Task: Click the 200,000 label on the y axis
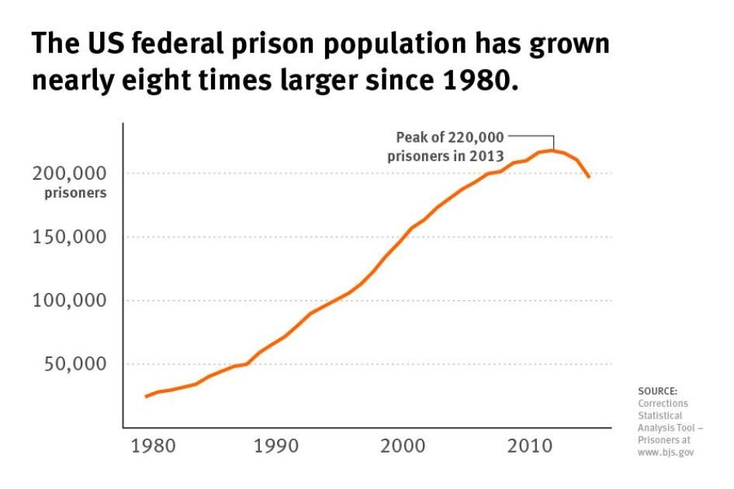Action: [x=69, y=173]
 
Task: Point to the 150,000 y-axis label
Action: [x=69, y=237]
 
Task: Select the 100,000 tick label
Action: [x=69, y=301]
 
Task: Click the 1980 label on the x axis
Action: [x=149, y=447]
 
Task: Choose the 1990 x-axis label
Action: [x=276, y=447]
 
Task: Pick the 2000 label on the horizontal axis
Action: [x=403, y=447]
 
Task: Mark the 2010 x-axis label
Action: [x=531, y=447]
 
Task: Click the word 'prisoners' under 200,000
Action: [x=75, y=193]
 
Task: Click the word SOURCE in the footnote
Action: [x=658, y=391]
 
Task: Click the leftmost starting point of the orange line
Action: [x=145, y=397]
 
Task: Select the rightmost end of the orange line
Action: [x=590, y=177]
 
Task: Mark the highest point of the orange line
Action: [x=552, y=150]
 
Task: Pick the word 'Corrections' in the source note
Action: [x=663, y=404]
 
